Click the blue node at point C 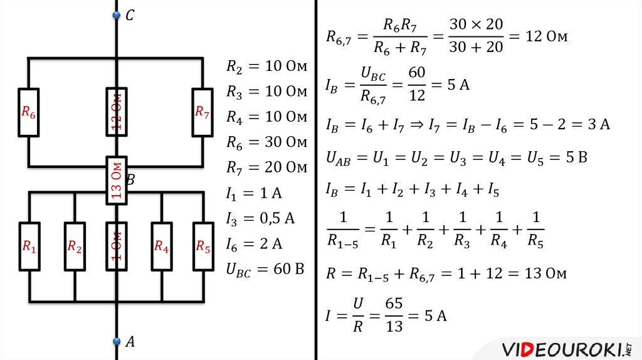(x=116, y=15)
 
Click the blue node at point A (x=116, y=341)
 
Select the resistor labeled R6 (x=29, y=112)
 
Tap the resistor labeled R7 (x=202, y=112)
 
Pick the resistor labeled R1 (x=29, y=246)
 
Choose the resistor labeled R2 (x=75, y=246)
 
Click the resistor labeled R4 (x=162, y=246)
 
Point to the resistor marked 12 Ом (x=116, y=112)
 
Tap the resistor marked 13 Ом (x=116, y=180)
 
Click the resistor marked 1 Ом (x=116, y=246)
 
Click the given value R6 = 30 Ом (x=266, y=142)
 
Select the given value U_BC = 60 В (x=265, y=270)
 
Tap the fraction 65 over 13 (x=394, y=315)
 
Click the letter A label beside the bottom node (x=130, y=342)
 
